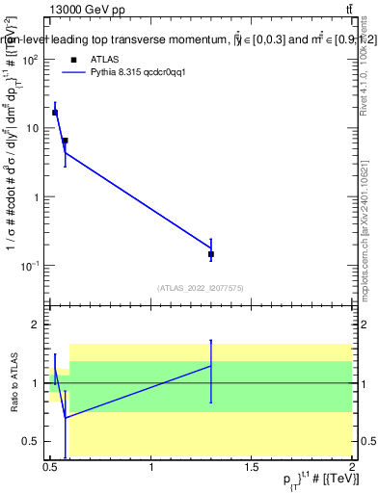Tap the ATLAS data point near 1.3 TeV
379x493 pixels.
[211, 254]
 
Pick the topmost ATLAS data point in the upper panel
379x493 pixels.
[55, 113]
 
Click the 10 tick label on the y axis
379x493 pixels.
[33, 128]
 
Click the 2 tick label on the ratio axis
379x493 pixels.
[37, 325]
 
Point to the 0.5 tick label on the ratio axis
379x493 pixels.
[32, 441]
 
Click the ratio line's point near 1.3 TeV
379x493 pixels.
[211, 366]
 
